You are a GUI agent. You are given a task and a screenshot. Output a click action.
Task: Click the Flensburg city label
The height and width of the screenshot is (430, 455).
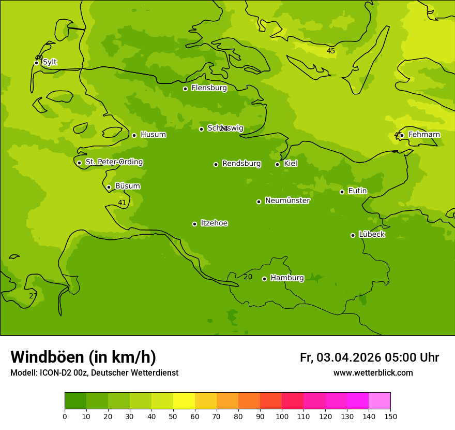(x=209, y=88)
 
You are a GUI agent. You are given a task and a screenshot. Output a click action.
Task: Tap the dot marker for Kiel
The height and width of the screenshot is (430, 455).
(x=277, y=164)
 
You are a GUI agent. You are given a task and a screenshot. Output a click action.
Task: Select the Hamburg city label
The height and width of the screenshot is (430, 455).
(x=287, y=278)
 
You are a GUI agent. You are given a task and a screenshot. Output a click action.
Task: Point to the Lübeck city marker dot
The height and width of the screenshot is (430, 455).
(x=353, y=235)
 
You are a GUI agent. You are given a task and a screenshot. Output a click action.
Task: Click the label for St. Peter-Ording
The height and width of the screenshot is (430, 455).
(x=114, y=162)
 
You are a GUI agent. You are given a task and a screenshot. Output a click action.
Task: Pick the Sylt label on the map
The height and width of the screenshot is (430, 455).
(x=50, y=62)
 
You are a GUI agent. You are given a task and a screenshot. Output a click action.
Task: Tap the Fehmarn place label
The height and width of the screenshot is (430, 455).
(x=424, y=135)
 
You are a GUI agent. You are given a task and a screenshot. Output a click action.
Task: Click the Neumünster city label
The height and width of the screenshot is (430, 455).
(x=287, y=200)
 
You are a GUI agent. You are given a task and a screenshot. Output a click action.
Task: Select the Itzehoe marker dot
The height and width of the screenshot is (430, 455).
(x=194, y=224)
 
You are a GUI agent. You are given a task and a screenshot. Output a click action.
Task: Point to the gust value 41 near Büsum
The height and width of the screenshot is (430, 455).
(x=122, y=203)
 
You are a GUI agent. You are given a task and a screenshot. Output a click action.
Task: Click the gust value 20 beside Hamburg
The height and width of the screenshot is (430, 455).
(x=248, y=277)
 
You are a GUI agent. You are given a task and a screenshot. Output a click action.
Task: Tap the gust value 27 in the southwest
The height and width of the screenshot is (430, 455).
(x=33, y=296)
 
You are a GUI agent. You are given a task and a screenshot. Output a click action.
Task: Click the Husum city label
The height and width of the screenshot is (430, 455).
(x=153, y=135)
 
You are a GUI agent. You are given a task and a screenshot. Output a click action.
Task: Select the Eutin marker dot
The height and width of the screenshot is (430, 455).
(x=342, y=192)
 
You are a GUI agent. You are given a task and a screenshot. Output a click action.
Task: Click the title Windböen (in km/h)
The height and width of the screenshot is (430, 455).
(x=83, y=357)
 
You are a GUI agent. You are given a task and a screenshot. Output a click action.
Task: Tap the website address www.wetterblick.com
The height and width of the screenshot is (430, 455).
(x=373, y=373)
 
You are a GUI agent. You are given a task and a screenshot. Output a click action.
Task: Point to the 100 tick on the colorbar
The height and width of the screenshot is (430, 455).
(x=282, y=416)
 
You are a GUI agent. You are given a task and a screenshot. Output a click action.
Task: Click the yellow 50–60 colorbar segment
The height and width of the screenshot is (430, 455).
(x=184, y=401)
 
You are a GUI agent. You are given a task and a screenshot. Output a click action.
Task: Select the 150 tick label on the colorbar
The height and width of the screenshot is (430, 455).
(x=390, y=416)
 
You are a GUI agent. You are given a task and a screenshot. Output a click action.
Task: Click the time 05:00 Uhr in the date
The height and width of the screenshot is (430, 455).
(x=412, y=357)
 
